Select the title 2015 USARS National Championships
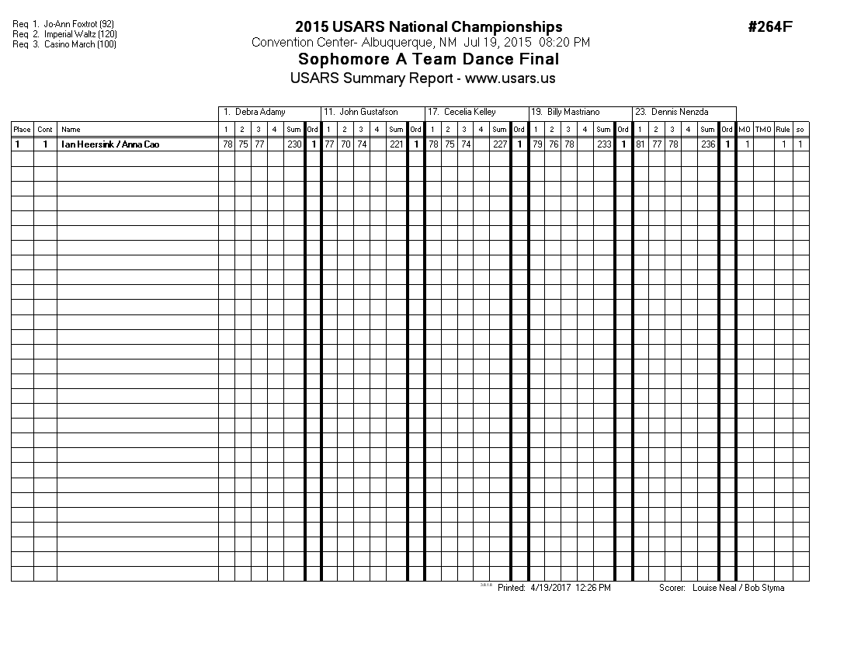tap(429, 28)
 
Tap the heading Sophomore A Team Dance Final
tap(429, 60)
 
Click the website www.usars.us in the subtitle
tap(510, 78)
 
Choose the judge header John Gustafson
tap(369, 113)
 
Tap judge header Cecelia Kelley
tap(470, 113)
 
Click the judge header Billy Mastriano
tap(573, 113)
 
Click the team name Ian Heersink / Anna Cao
tap(111, 144)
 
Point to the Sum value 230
tap(293, 144)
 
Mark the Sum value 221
tap(396, 144)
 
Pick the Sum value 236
tap(707, 144)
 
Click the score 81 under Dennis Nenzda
tap(640, 144)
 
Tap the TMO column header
tap(764, 130)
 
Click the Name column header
tap(71, 130)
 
